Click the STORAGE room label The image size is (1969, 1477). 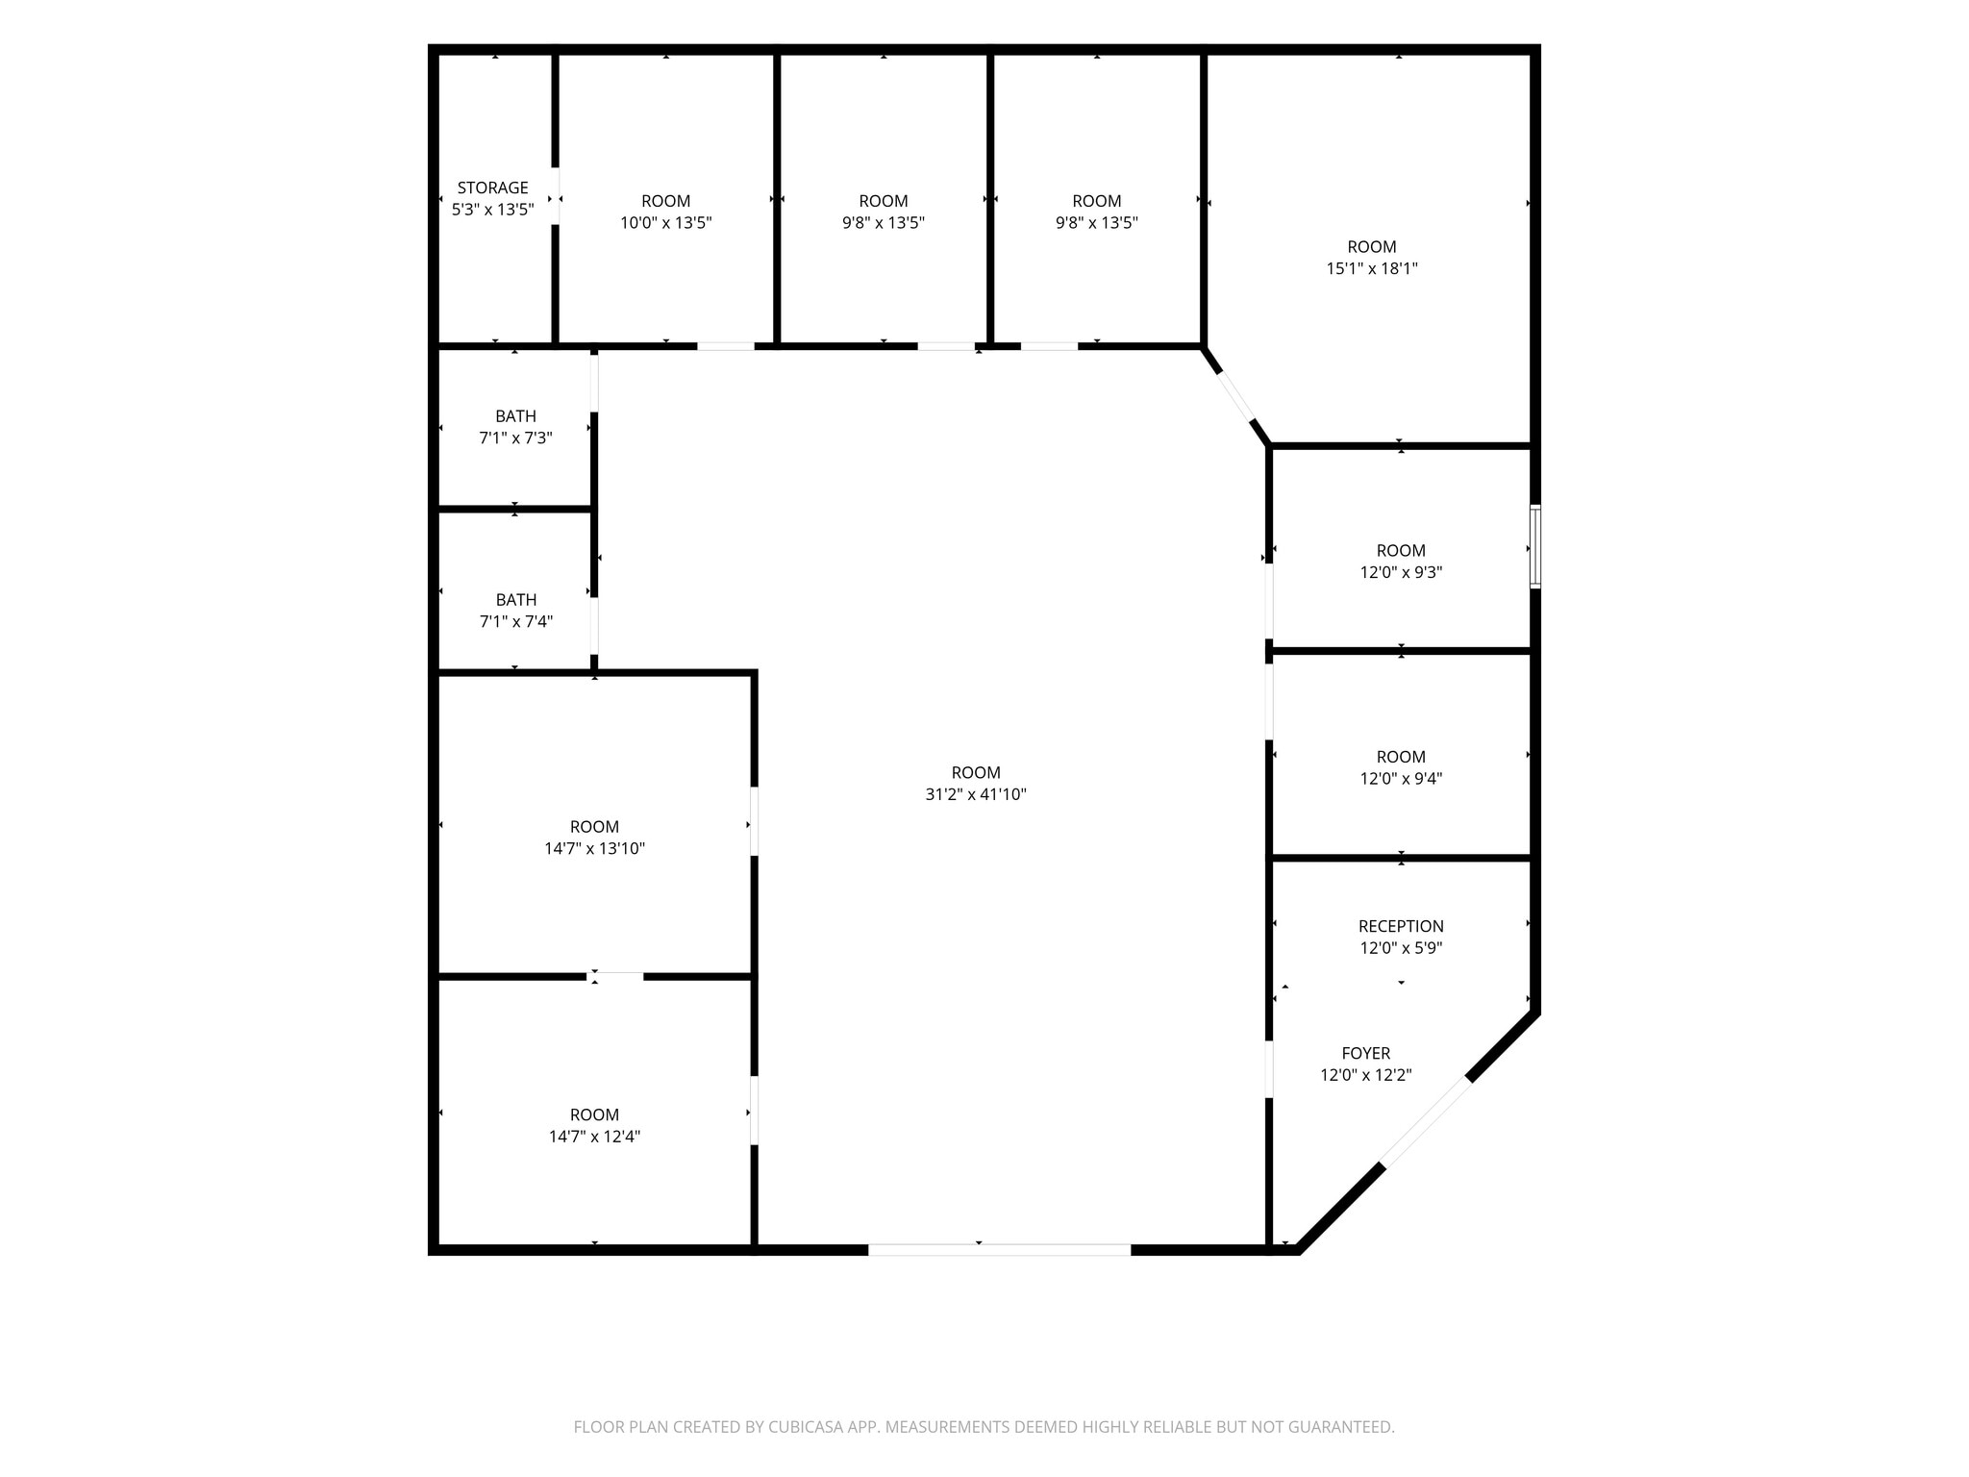[x=492, y=188]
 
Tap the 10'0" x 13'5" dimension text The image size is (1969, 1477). [x=665, y=223]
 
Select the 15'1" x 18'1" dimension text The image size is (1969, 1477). [x=1372, y=269]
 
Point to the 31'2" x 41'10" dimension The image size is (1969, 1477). [x=976, y=794]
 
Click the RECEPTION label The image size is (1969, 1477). [x=1401, y=926]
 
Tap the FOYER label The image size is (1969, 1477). [x=1366, y=1053]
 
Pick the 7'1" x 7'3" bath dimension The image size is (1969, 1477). [x=515, y=438]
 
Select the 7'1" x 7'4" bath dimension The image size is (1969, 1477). [x=515, y=622]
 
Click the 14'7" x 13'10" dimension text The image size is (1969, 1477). [x=594, y=849]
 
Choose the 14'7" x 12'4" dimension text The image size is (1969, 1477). [x=594, y=1137]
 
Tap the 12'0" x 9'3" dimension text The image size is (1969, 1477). [x=1401, y=572]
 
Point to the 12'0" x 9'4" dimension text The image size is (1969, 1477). [x=1401, y=779]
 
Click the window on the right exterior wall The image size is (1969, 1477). [x=1535, y=546]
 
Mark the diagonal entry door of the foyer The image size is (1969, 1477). [x=1426, y=1122]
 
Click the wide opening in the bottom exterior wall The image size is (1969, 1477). [x=1000, y=1250]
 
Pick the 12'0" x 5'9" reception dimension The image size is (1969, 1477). [x=1401, y=948]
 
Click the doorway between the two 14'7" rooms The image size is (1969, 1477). [x=615, y=977]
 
